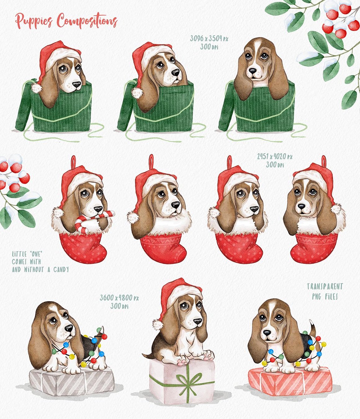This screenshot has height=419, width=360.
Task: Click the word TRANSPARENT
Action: (325, 287)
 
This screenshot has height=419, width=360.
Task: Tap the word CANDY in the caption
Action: (61, 270)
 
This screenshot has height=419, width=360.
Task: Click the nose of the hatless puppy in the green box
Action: (253, 71)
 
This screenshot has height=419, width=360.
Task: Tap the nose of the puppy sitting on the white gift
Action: (197, 321)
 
